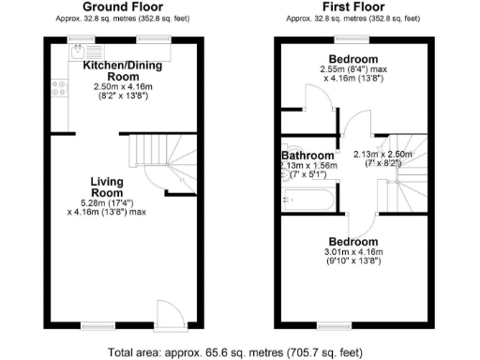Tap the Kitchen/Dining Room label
tap(116, 71)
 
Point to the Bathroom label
tap(308, 156)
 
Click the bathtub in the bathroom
tap(307, 200)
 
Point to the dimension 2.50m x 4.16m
tap(115, 87)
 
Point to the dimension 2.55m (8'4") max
tap(346, 68)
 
